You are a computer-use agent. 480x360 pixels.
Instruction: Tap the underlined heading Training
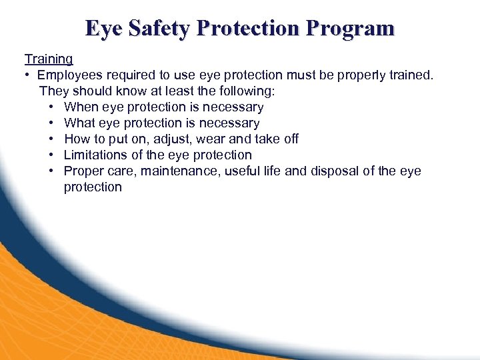[49, 59]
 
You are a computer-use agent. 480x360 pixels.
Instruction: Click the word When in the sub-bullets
[81, 107]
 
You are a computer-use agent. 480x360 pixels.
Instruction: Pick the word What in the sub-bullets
[80, 123]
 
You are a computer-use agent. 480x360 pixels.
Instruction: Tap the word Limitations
[95, 155]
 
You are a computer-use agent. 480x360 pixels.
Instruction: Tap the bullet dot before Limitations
[51, 155]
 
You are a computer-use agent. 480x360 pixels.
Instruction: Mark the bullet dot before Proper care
[51, 171]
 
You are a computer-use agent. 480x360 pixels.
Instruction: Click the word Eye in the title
[103, 28]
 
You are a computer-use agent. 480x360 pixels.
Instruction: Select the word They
[53, 91]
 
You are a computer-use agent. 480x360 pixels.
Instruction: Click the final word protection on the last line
[93, 187]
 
